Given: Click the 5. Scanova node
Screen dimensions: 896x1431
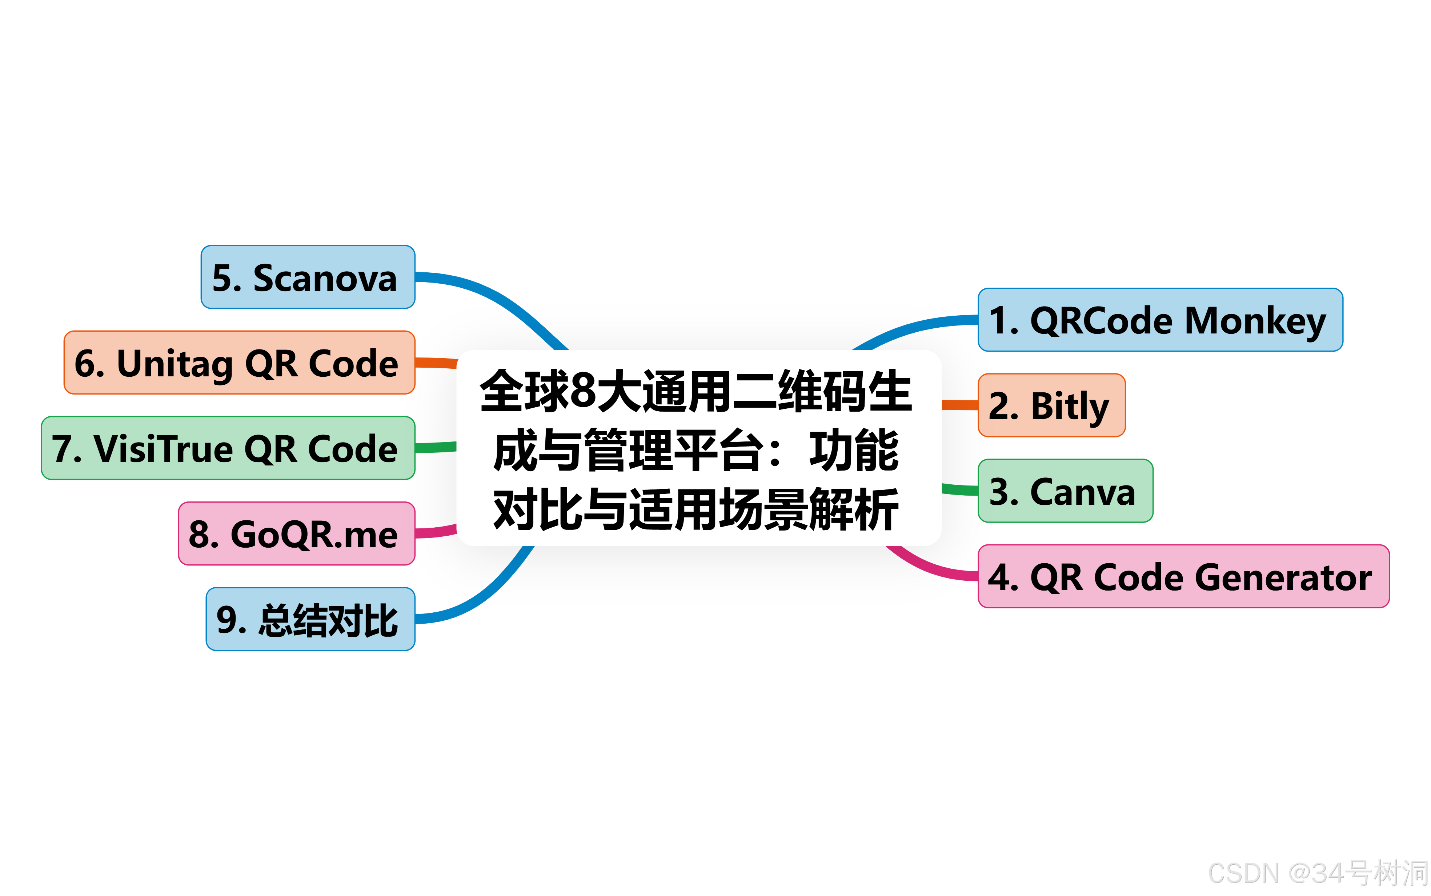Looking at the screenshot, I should (308, 277).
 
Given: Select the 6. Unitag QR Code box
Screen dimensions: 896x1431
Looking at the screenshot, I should (239, 362).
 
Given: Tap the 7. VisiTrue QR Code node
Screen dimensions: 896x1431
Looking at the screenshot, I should (228, 448).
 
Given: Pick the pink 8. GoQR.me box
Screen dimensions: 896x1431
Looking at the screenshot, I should (296, 533).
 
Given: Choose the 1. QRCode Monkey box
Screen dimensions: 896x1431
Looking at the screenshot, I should (1160, 320).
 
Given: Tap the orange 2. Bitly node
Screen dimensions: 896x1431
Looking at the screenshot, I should (1051, 405).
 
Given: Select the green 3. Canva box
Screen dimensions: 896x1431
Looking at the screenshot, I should (1065, 491).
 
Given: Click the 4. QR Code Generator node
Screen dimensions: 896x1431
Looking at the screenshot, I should (1183, 576).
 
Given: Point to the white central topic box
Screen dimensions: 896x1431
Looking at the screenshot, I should (699, 448).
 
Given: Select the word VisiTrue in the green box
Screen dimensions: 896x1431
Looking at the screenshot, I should (163, 449).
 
